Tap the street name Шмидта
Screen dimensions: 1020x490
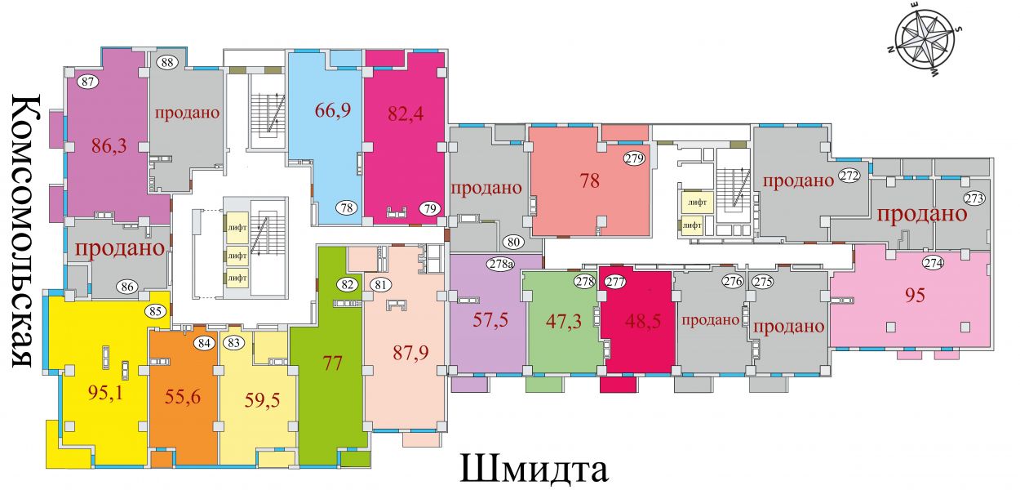point(534,469)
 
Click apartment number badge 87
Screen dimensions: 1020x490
point(88,82)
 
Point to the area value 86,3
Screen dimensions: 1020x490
point(109,146)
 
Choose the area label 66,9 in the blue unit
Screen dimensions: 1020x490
point(333,110)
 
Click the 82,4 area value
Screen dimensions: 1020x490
point(406,114)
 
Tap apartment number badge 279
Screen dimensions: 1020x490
point(635,158)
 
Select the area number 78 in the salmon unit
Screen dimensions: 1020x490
point(590,181)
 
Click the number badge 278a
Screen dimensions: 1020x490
point(502,264)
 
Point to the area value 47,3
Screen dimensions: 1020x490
point(564,321)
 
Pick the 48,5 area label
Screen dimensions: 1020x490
point(643,321)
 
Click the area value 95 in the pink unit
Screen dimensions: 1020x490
point(915,296)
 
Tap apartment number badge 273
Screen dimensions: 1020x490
point(974,198)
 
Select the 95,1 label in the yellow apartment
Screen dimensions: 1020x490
point(105,392)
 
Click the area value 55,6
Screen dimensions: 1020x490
point(183,397)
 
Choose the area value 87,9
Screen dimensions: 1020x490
point(410,352)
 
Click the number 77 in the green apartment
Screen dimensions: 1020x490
point(332,363)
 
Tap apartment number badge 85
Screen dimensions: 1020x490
point(155,312)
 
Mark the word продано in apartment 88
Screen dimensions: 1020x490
point(187,112)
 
